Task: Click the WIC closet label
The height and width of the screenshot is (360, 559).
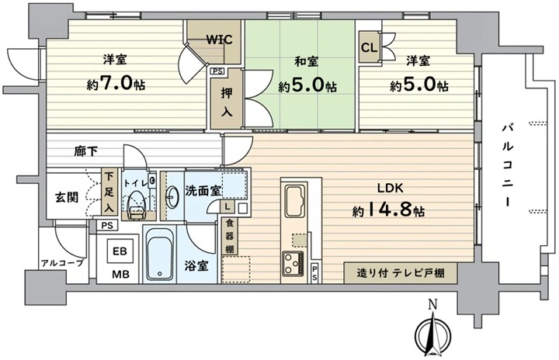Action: pyautogui.click(x=219, y=40)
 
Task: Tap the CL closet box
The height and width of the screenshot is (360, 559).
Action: pyautogui.click(x=370, y=48)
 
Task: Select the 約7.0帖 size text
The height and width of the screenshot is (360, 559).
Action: pyautogui.click(x=116, y=84)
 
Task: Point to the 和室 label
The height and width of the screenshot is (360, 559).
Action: pyautogui.click(x=306, y=61)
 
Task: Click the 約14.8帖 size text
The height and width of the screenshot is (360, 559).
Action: pyautogui.click(x=388, y=210)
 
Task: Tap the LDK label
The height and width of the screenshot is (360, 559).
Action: pyautogui.click(x=391, y=189)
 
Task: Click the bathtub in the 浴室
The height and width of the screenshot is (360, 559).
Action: pyautogui.click(x=160, y=254)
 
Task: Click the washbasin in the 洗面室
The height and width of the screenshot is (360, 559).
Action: pyautogui.click(x=173, y=196)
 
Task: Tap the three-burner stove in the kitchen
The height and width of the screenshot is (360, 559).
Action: pyautogui.click(x=293, y=264)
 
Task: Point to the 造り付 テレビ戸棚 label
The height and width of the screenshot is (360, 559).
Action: pyautogui.click(x=401, y=274)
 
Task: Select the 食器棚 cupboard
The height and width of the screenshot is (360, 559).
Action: pyautogui.click(x=230, y=237)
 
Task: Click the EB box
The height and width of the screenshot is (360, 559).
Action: pyautogui.click(x=120, y=251)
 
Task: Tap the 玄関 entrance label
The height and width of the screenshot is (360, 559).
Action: pyautogui.click(x=67, y=197)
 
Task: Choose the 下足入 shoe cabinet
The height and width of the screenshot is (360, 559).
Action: pyautogui.click(x=109, y=192)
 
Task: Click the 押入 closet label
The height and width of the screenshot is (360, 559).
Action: pyautogui.click(x=227, y=102)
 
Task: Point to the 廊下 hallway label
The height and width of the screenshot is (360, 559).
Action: pyautogui.click(x=86, y=151)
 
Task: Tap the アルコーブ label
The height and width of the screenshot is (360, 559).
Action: pyautogui.click(x=62, y=264)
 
